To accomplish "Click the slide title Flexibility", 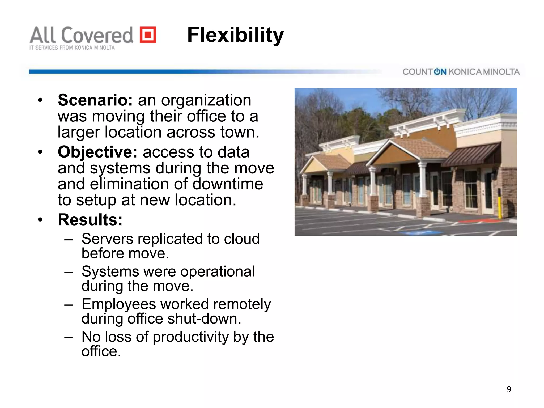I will [x=235, y=35].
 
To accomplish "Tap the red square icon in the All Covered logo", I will [x=148, y=35].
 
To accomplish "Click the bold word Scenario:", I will [x=95, y=100].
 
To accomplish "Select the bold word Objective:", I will [x=97, y=152].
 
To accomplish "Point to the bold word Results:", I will [x=90, y=220].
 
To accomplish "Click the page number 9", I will [x=509, y=389].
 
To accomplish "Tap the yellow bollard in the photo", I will [x=499, y=203].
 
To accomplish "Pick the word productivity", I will [x=191, y=337].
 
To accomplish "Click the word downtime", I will [x=228, y=184].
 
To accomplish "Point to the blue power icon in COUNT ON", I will [x=437, y=71].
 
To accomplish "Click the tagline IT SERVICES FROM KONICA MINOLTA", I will [x=72, y=48].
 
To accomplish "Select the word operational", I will [x=218, y=271].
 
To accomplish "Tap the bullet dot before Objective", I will [x=40, y=152].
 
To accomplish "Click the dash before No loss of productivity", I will [x=69, y=337].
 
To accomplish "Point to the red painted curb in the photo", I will [x=478, y=221].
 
